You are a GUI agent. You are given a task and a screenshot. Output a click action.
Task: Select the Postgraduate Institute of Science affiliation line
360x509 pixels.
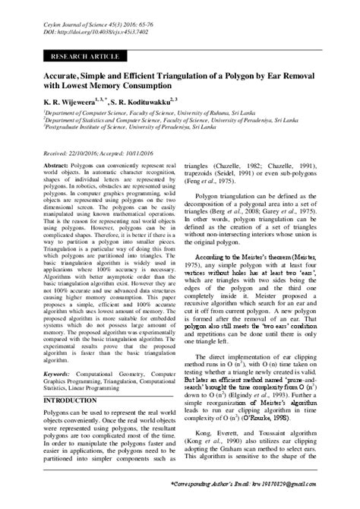(120, 127)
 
